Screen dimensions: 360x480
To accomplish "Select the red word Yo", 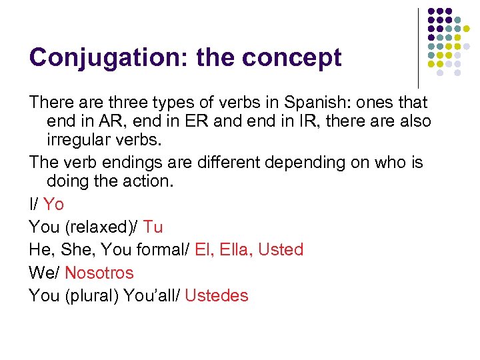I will click(53, 204).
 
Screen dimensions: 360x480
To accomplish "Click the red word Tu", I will click(153, 227).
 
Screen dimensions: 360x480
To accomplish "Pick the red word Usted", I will click(281, 249).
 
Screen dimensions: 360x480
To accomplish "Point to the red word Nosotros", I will click(99, 273).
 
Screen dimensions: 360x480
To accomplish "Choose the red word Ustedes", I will click(217, 295).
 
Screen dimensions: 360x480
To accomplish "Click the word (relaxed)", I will click(101, 227).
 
